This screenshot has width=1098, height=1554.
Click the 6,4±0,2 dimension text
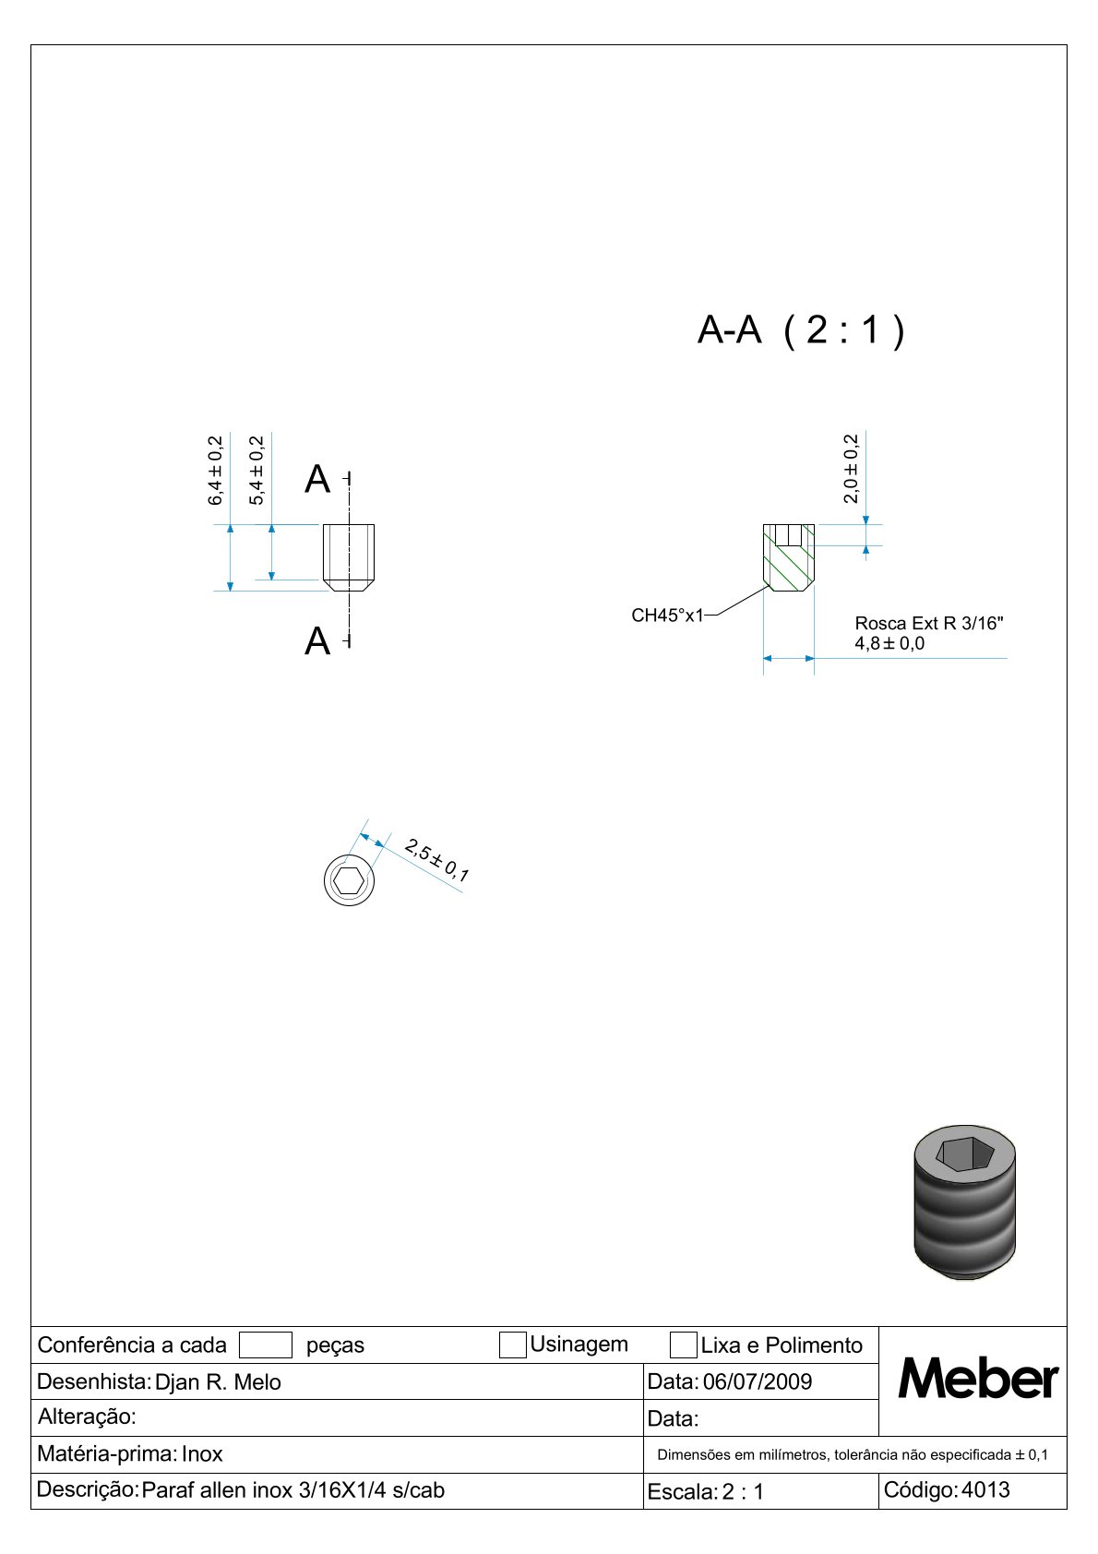(215, 471)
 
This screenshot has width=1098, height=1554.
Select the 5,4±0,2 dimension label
(257, 471)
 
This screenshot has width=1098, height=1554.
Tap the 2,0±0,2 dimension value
(851, 468)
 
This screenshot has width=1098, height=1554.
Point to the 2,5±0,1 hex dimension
(436, 860)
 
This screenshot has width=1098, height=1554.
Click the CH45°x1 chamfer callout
(667, 616)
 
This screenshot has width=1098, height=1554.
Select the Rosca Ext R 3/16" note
(929, 623)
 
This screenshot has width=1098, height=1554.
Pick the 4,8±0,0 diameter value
(889, 643)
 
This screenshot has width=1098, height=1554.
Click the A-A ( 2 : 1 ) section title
(801, 330)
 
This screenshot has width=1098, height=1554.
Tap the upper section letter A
(317, 479)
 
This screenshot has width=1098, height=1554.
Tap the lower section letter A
(317, 640)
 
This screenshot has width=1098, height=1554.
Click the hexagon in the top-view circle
(348, 881)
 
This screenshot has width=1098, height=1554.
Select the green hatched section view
(789, 557)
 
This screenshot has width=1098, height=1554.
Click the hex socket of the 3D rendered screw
(963, 1154)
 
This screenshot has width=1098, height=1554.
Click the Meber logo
(978, 1379)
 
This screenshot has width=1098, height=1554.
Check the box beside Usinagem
(513, 1345)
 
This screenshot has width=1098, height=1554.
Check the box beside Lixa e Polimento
(683, 1345)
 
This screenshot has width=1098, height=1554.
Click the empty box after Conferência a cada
(265, 1345)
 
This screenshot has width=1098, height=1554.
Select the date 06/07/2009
(758, 1381)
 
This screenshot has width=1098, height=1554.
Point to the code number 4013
(985, 1489)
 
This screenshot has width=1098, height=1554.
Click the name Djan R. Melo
(218, 1382)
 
